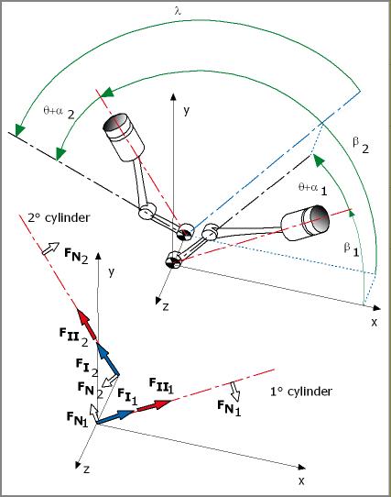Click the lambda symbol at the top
pos(178,11)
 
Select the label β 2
pos(361,146)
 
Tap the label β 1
pos(352,249)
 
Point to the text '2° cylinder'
pos(59,217)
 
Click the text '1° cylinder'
pos(300,392)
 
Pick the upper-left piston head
pos(124,137)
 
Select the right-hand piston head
pos(306,223)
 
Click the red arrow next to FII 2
pos(87,324)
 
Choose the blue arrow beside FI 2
pos(108,359)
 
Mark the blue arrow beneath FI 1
pos(115,417)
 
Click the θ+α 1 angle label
pos(312,189)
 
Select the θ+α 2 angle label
pos(59,112)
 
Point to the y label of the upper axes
pos(187,111)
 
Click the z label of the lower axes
pos(86,469)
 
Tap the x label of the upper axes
pos(375,323)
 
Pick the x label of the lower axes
pos(301,480)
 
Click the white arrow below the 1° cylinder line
pos(235,392)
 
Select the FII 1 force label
pos(161,385)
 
